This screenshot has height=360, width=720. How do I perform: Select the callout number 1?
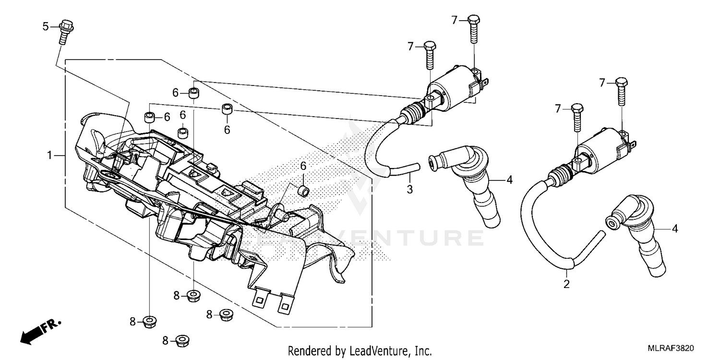click(x=49, y=155)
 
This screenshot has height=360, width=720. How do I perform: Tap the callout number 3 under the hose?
click(x=409, y=189)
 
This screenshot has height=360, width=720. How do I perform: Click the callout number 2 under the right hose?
click(x=566, y=284)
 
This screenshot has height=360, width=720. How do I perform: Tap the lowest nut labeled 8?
click(x=181, y=341)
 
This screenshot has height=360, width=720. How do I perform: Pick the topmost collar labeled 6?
click(x=194, y=93)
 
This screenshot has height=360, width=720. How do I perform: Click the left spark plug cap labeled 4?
click(x=463, y=187)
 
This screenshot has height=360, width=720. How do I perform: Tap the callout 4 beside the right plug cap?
click(x=675, y=229)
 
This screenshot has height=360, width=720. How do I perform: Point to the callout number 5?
click(x=46, y=26)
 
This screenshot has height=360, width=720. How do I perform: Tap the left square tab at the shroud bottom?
click(x=259, y=300)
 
